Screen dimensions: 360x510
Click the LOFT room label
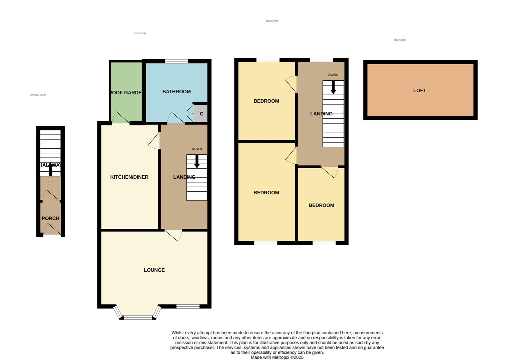(x=419, y=90)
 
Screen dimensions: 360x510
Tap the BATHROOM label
(x=176, y=92)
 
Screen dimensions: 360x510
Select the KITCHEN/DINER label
(x=129, y=177)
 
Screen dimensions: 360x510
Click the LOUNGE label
(x=154, y=270)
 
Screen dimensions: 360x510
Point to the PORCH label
(x=50, y=218)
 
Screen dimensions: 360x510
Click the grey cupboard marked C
(x=201, y=114)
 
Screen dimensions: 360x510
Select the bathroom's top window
(x=176, y=61)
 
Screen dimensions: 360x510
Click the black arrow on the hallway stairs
(x=50, y=169)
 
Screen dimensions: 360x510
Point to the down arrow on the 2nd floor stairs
(x=333, y=87)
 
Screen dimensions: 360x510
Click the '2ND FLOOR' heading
(x=272, y=21)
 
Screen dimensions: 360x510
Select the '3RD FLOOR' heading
(x=400, y=40)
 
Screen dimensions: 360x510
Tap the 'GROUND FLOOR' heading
(x=38, y=95)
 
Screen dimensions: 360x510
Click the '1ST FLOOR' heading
(x=140, y=33)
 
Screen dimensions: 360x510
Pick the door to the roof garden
(x=120, y=118)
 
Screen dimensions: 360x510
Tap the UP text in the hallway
(x=50, y=182)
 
